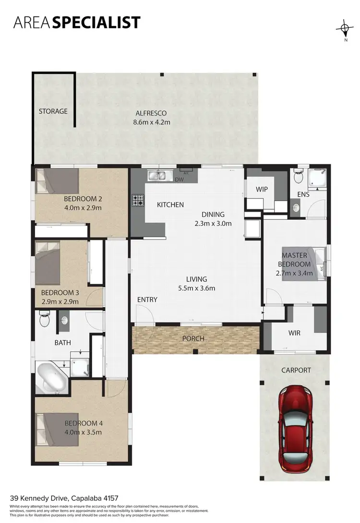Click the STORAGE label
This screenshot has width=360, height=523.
[x=53, y=111]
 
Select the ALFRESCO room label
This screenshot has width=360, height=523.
[x=151, y=113]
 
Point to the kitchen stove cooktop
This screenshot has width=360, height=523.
[x=139, y=200]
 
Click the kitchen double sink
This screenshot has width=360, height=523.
[x=160, y=175]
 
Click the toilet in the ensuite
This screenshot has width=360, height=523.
[x=299, y=177]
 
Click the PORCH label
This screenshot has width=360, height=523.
[x=193, y=339]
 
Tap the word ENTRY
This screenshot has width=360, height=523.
[x=147, y=300]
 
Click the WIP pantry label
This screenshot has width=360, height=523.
[x=262, y=189]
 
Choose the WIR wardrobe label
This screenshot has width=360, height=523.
[x=294, y=333]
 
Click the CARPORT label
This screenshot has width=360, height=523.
[x=296, y=370]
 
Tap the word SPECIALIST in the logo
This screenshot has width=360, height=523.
[x=96, y=23]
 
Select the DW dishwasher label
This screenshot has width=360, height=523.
[x=180, y=179]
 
